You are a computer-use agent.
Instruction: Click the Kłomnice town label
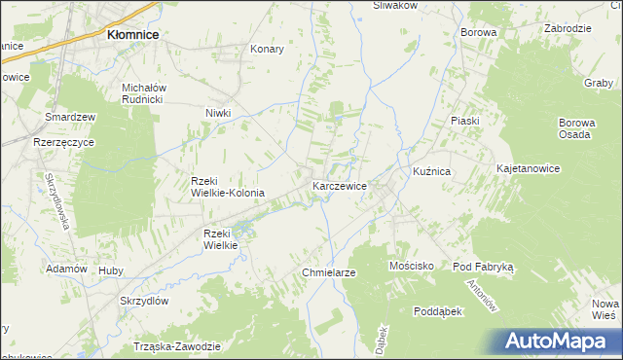click(132, 35)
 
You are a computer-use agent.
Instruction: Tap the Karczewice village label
click(340, 186)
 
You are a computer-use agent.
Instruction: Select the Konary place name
click(267, 49)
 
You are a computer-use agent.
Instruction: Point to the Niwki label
click(218, 113)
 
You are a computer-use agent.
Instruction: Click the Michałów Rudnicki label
click(146, 92)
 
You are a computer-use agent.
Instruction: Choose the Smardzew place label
click(70, 117)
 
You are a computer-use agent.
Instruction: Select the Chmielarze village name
click(329, 272)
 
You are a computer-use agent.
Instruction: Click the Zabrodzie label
click(568, 29)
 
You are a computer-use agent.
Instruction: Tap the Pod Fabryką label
click(490, 266)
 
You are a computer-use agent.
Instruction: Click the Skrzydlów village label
click(145, 301)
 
